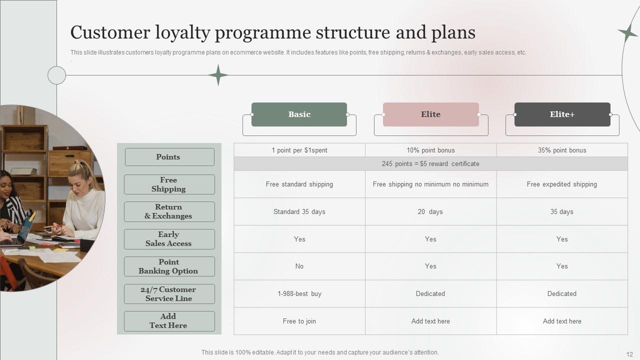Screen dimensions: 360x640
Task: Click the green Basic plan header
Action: tap(299, 114)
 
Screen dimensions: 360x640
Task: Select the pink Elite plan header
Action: tap(430, 114)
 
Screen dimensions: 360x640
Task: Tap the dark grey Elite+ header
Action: tap(562, 114)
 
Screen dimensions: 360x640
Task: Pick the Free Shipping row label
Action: tap(169, 184)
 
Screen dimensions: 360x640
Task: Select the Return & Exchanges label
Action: tap(169, 211)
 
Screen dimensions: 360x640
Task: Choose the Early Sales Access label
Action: tap(169, 239)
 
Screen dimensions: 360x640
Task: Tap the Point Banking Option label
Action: tap(169, 266)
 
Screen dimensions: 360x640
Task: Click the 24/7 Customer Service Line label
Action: tap(169, 294)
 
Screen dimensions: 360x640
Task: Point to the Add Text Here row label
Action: tap(169, 321)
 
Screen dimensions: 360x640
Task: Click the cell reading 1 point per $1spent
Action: tap(299, 150)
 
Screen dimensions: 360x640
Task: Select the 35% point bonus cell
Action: tap(562, 150)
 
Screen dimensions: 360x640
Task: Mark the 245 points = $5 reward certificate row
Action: tap(430, 164)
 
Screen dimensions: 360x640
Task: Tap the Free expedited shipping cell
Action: tap(562, 184)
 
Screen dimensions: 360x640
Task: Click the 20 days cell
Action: tap(430, 212)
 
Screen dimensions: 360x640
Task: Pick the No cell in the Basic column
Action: tap(299, 266)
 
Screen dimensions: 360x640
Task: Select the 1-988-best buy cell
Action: tap(299, 294)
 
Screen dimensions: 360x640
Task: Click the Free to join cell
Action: tap(299, 321)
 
